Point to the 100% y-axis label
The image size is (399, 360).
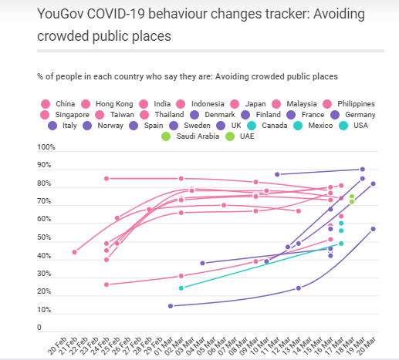coord(47,147)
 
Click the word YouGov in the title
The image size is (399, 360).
coord(61,13)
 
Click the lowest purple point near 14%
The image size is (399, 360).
coord(171,306)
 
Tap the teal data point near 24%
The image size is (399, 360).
coord(181,288)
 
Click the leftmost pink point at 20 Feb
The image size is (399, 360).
coord(75,252)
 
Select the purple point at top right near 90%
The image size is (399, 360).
coord(363,169)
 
